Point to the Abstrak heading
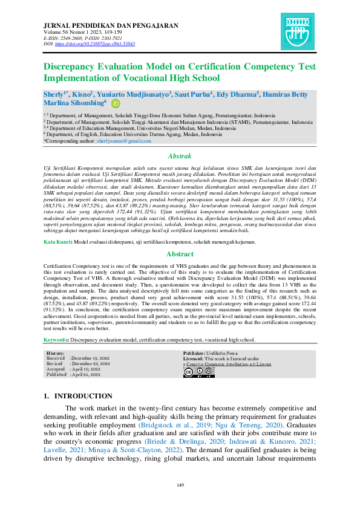[180, 155]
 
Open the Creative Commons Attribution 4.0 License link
[229, 365]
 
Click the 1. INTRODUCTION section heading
[78, 396]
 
